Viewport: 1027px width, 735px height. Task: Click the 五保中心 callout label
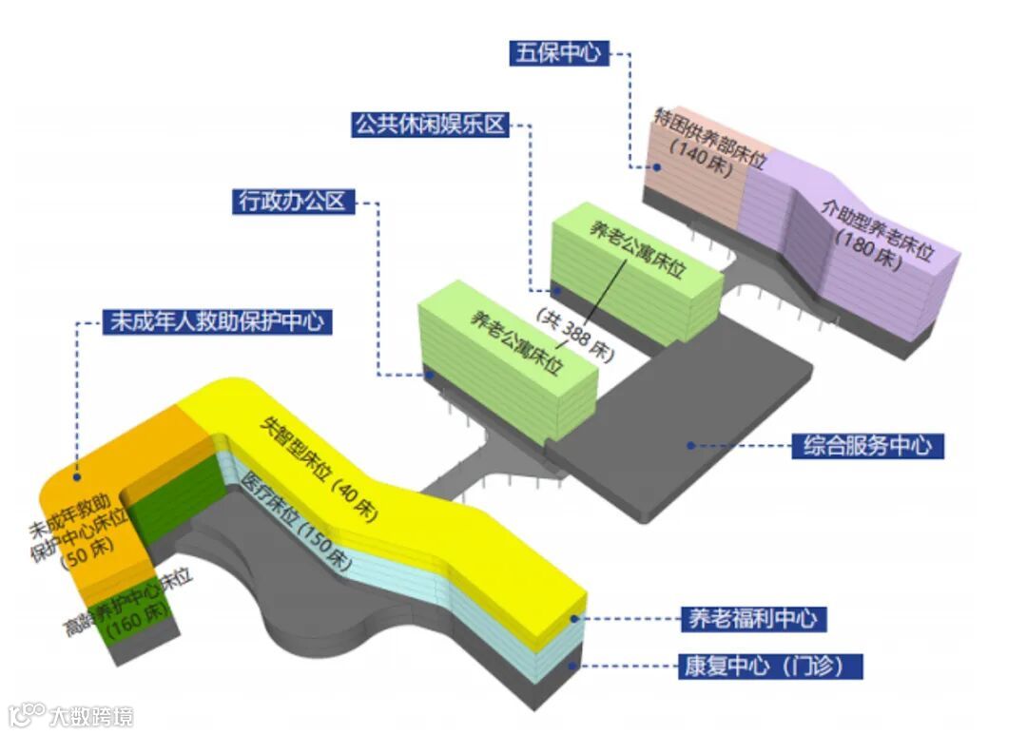coord(558,52)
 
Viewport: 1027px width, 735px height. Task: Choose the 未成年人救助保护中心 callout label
coord(218,321)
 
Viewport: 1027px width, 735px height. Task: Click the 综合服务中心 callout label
coord(867,445)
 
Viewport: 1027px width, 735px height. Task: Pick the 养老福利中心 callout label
coord(751,619)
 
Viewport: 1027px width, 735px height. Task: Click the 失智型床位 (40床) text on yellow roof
coord(318,471)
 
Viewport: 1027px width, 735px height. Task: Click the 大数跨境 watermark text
coord(91,716)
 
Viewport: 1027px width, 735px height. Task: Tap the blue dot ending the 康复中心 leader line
coord(572,666)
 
